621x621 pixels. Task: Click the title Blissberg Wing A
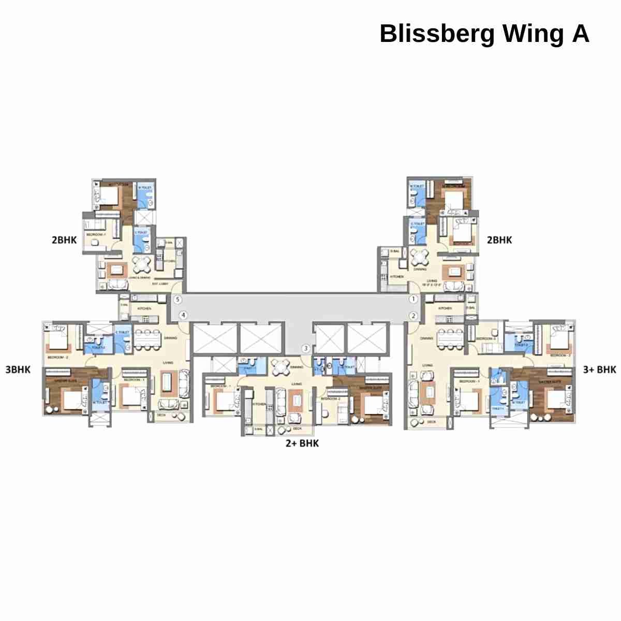pos(484,34)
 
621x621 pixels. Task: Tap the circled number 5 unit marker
pos(178,299)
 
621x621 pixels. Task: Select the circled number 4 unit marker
pos(183,315)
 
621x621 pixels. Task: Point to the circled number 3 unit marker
pos(306,348)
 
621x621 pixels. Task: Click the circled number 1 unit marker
pos(413,299)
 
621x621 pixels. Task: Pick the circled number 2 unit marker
pos(413,316)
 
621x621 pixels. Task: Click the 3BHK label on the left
pos(18,369)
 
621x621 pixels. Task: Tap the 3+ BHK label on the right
pos(599,369)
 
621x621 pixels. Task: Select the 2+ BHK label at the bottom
pos(302,443)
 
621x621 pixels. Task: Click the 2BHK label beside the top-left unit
pos(64,240)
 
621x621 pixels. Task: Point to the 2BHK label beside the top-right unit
pos(499,240)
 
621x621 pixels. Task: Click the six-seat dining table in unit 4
pos(146,339)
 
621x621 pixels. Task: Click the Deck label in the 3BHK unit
pos(161,415)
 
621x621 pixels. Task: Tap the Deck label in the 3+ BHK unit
pos(432,422)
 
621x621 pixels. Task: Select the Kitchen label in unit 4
pos(144,308)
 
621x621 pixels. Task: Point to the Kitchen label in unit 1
pos(397,277)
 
